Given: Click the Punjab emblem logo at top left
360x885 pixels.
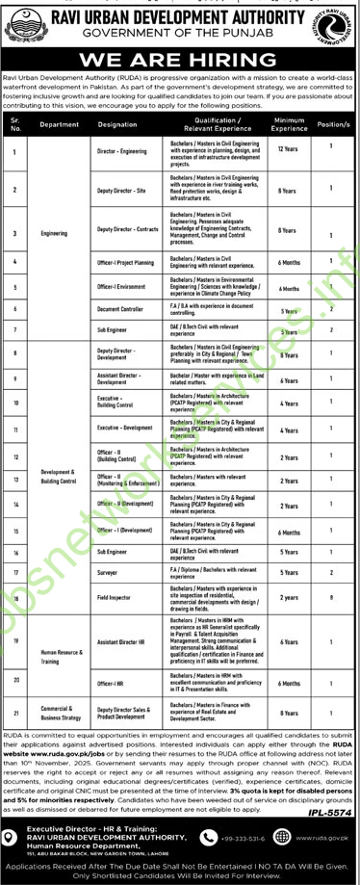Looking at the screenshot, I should (x=29, y=26).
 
